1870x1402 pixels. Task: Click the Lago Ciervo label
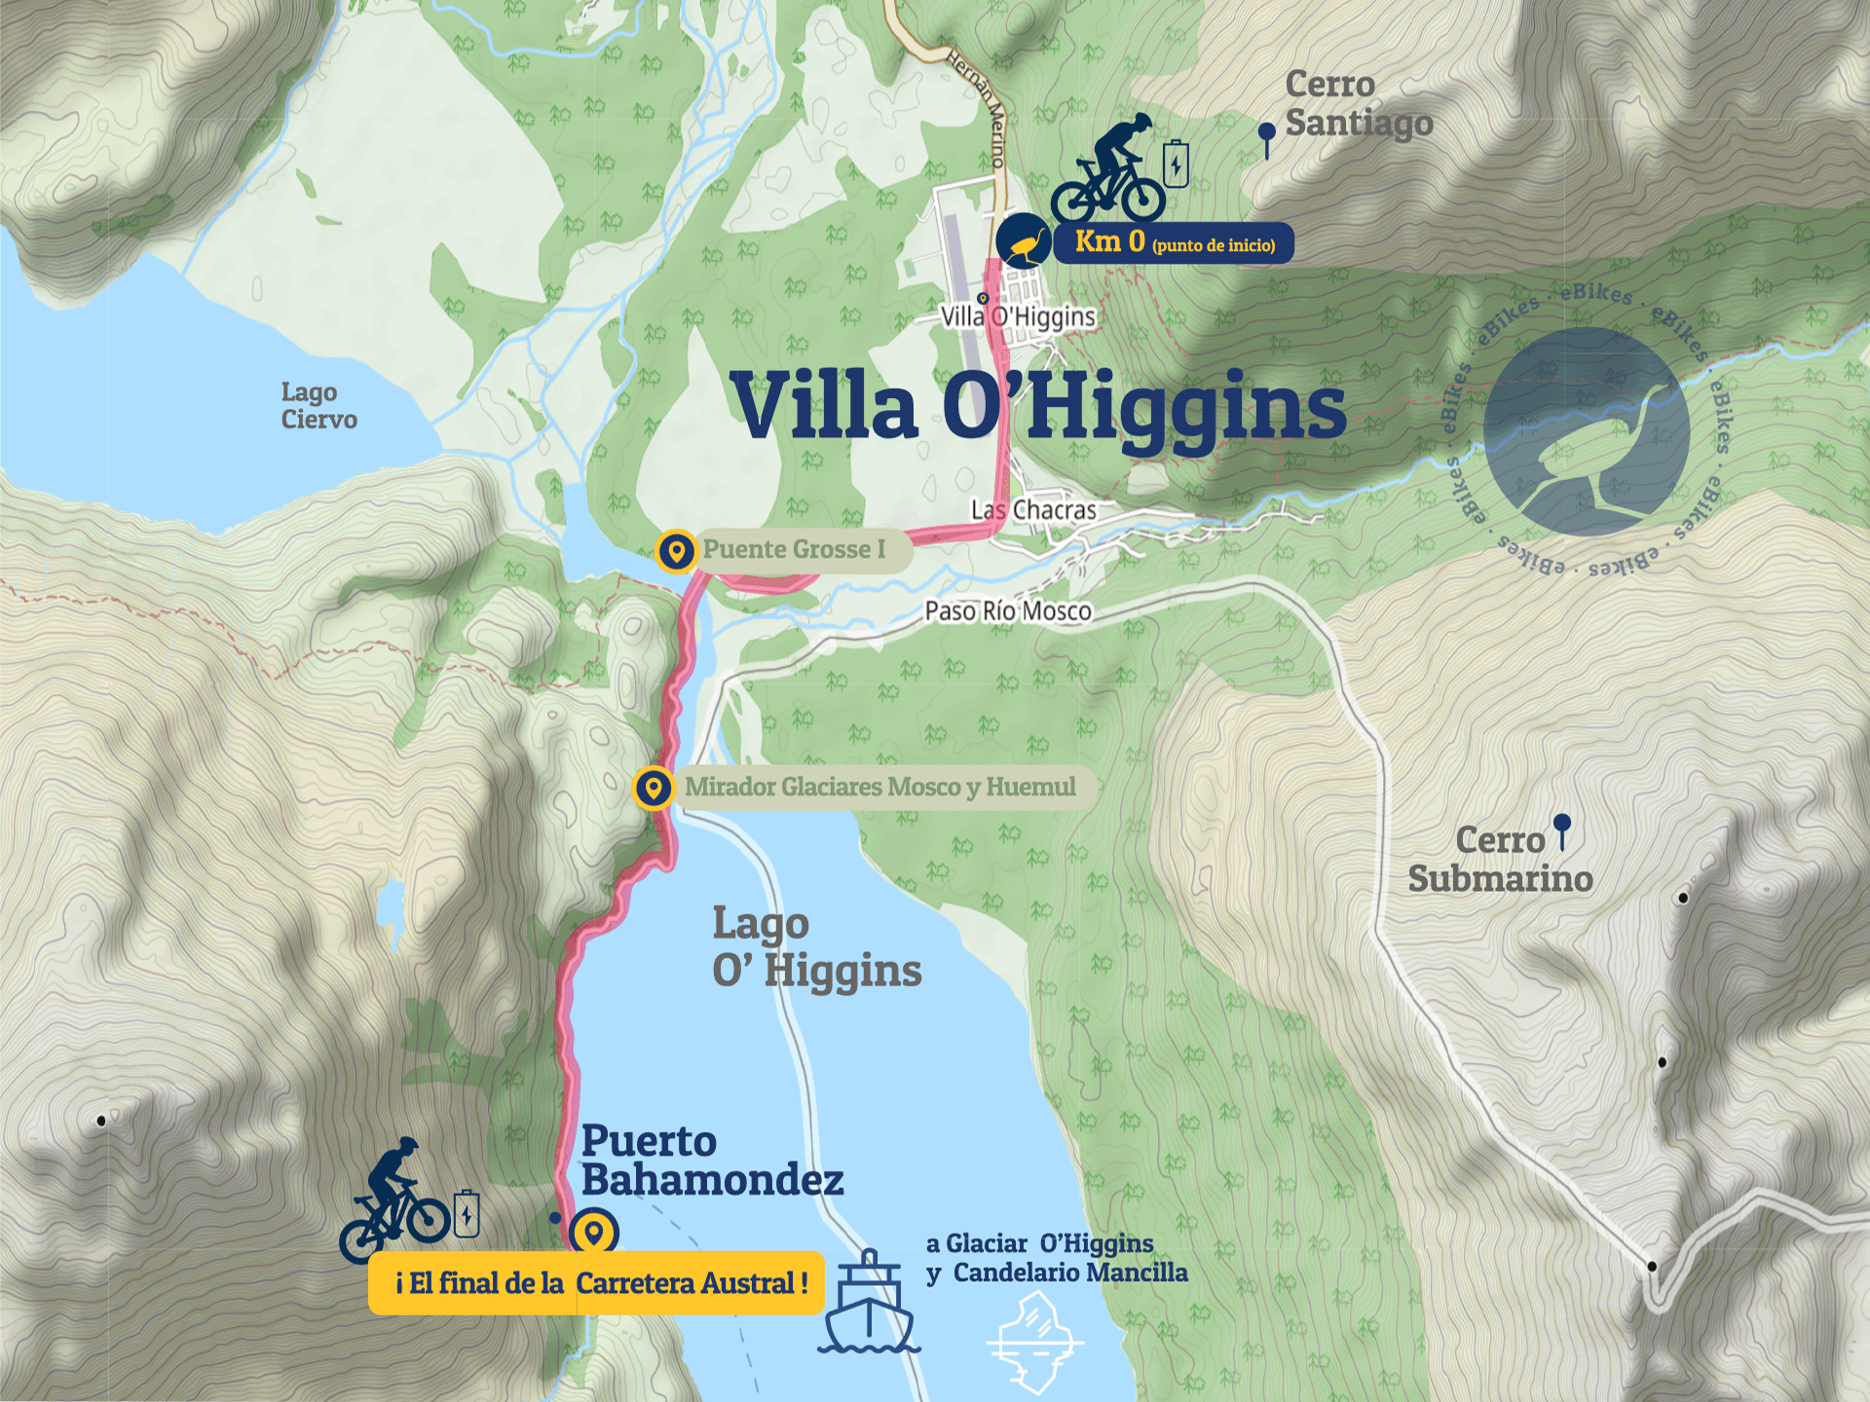click(x=318, y=405)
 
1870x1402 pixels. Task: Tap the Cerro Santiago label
click(x=1358, y=103)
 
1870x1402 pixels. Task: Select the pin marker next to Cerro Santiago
click(x=1266, y=137)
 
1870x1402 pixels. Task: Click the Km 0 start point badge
click(x=1173, y=242)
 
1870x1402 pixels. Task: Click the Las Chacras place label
click(x=1033, y=509)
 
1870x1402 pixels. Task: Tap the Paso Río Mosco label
click(x=1007, y=611)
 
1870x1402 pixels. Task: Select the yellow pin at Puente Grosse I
click(x=676, y=551)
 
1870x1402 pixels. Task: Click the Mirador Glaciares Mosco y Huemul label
click(x=879, y=787)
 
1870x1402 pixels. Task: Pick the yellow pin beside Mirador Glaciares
click(x=654, y=788)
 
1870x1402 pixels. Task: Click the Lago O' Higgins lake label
click(x=815, y=946)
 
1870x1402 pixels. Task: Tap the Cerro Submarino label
click(x=1500, y=859)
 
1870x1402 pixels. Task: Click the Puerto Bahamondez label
click(x=711, y=1161)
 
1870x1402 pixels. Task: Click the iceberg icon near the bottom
click(x=1035, y=1342)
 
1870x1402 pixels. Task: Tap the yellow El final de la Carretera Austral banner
click(x=596, y=1283)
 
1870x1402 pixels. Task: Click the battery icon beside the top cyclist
click(x=1177, y=163)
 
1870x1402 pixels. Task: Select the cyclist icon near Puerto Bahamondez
click(x=394, y=1201)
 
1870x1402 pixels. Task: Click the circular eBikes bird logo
click(x=1587, y=431)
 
